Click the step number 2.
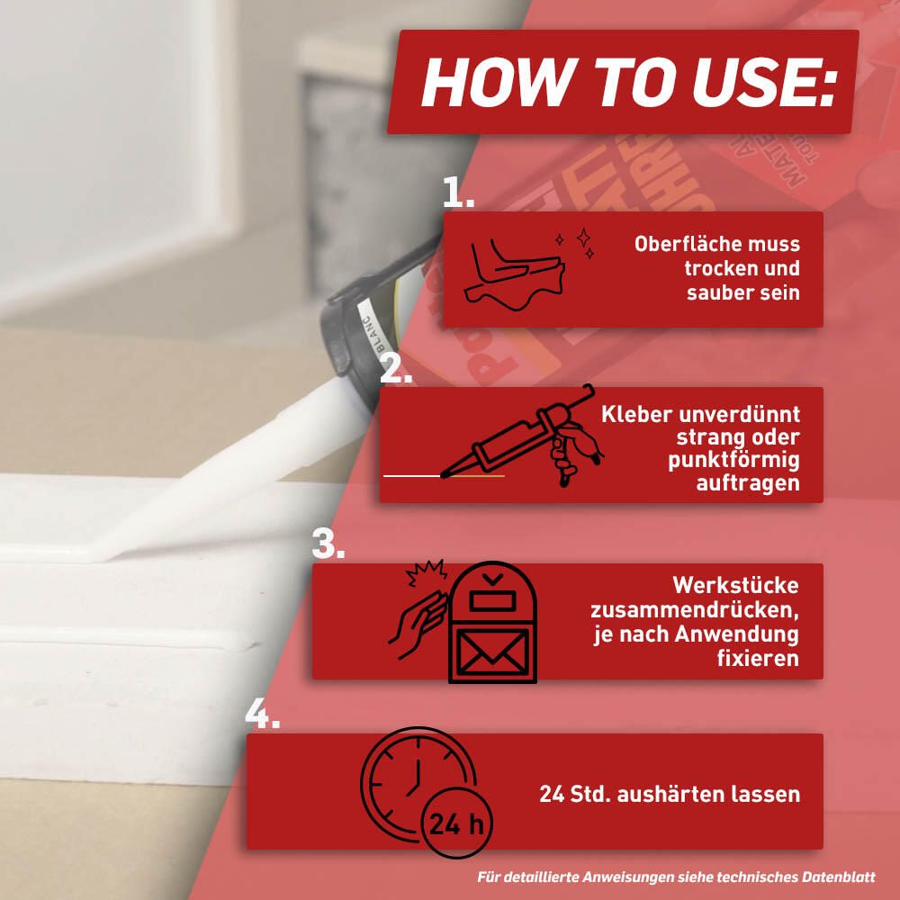pos(396,367)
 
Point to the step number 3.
pos(328,543)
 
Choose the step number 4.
pos(262,714)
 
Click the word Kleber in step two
pos(635,414)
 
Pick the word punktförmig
pos(733,460)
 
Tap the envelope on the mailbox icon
pos(492,652)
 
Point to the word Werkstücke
pos(735,586)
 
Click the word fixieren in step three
pos(758,658)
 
